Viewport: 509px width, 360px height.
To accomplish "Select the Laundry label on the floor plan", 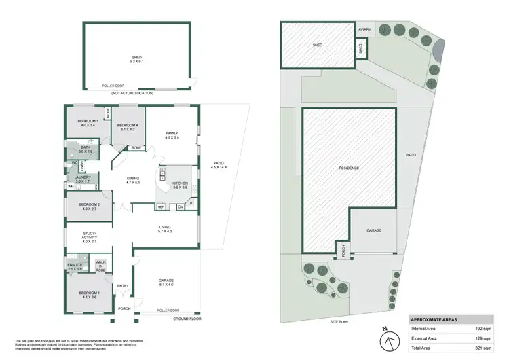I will click(83, 179).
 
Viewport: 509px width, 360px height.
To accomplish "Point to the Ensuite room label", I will click(75, 267).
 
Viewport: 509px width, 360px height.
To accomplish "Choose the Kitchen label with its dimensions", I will click(180, 185).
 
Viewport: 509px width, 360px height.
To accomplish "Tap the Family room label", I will click(170, 136).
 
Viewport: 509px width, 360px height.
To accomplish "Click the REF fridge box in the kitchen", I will click(161, 206).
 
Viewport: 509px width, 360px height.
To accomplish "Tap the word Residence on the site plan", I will click(348, 168).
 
